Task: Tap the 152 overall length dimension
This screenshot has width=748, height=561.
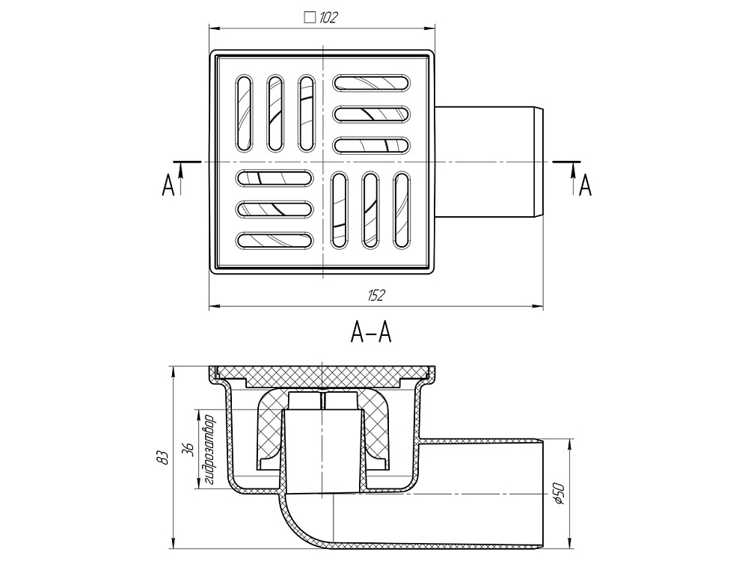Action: coord(376,295)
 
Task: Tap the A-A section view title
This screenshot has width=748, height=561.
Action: coord(371,333)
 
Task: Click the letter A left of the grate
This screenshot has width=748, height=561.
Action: coord(168,184)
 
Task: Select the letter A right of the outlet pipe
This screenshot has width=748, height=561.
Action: coord(586,184)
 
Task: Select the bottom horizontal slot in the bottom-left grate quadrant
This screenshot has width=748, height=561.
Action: coord(275,241)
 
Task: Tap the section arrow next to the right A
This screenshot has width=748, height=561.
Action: coord(573,177)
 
